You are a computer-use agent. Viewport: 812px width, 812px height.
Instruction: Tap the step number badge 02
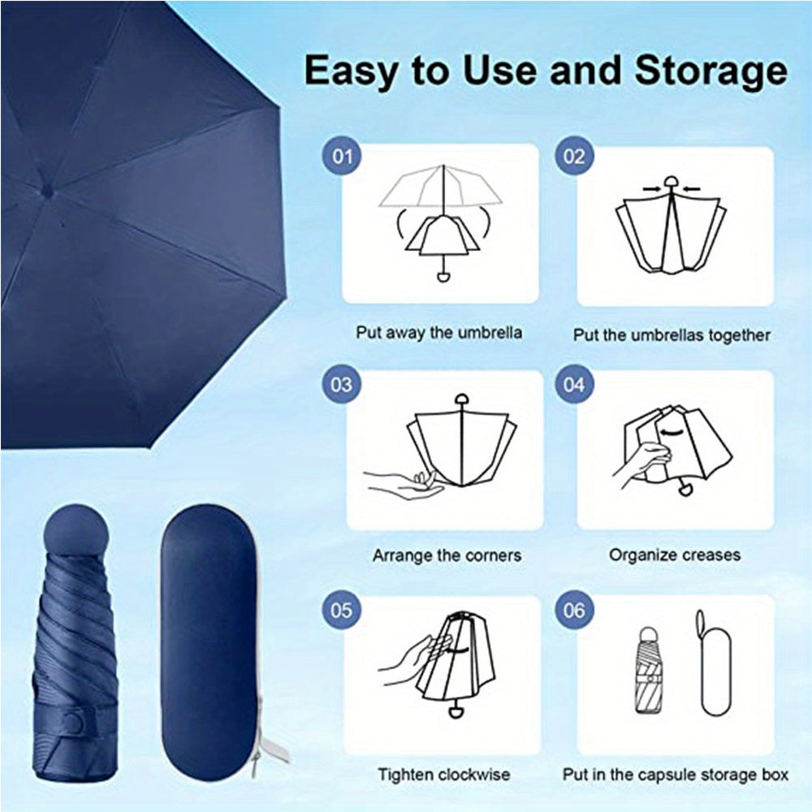point(574,155)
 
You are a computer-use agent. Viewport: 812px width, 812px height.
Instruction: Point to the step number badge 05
point(343,609)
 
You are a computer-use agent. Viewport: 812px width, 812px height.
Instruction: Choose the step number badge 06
point(574,609)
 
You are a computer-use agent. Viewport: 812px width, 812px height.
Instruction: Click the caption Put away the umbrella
point(439,332)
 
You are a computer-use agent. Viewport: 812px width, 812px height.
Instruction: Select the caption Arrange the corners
point(447,556)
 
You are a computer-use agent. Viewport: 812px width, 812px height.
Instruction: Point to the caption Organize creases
point(675,555)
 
